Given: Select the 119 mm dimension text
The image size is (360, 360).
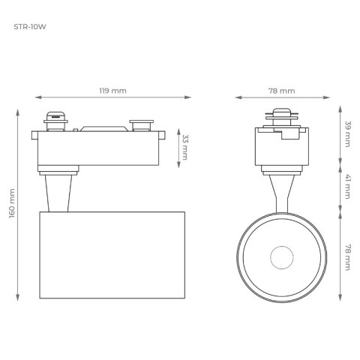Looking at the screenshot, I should (x=113, y=90).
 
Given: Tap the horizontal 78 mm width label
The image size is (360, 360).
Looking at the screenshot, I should (x=281, y=90).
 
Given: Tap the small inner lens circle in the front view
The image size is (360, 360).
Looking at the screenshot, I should (x=281, y=257).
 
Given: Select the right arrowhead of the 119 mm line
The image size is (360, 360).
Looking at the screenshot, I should (x=189, y=97).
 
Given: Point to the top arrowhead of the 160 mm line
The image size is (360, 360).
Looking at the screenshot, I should (x=19, y=111).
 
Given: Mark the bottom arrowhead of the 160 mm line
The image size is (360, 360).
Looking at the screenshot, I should (x=19, y=298).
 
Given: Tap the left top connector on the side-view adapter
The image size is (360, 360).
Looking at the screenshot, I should (x=55, y=120).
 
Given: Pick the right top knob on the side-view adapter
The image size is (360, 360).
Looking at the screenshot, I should (x=139, y=122).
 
